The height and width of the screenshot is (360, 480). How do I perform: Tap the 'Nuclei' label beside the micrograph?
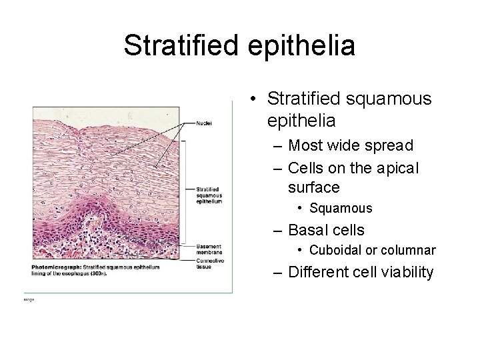click(x=204, y=123)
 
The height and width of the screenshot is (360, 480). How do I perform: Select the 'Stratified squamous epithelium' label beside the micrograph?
click(x=209, y=195)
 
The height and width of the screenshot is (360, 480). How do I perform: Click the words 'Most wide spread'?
click(x=351, y=145)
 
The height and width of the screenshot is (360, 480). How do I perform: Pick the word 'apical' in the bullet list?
click(x=397, y=169)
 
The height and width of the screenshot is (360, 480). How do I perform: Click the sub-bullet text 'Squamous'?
click(x=341, y=209)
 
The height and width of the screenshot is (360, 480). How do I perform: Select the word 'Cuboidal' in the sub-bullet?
click(x=333, y=251)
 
